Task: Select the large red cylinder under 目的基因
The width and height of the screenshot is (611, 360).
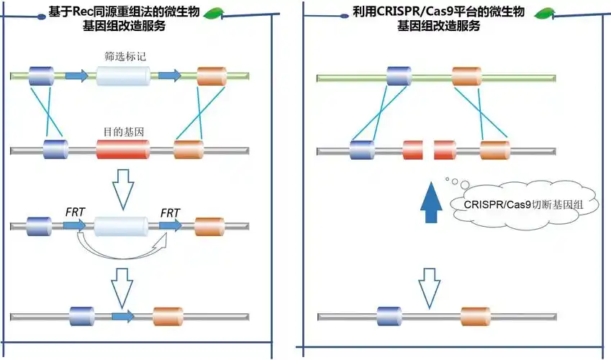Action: click(123, 150)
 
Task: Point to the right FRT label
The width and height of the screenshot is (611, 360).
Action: click(170, 212)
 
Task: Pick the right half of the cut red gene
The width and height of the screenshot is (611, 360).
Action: click(445, 150)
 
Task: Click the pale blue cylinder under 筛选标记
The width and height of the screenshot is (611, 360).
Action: click(123, 75)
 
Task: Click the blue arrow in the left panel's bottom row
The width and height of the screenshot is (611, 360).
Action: click(123, 316)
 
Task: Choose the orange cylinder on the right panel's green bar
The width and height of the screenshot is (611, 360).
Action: click(466, 75)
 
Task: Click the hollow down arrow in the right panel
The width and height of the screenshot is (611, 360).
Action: click(430, 286)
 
